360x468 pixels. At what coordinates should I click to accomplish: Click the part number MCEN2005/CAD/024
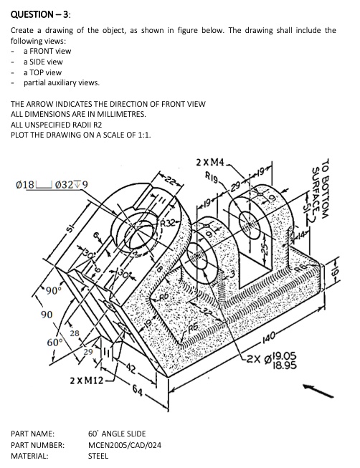click(x=124, y=445)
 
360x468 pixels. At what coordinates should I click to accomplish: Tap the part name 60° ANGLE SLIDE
click(x=116, y=434)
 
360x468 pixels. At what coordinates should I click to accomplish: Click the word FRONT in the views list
click(x=45, y=52)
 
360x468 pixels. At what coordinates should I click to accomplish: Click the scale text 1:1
click(x=144, y=133)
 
